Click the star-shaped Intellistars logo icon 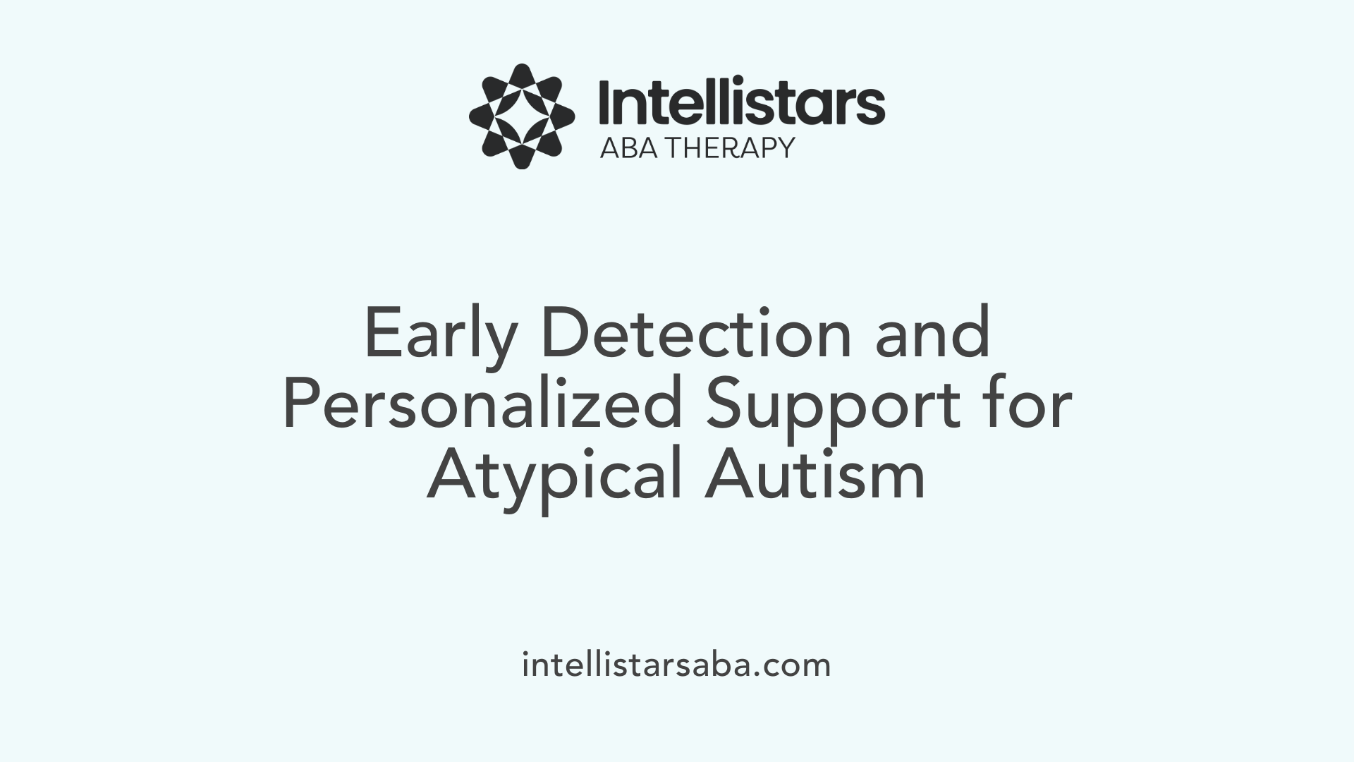pyautogui.click(x=522, y=116)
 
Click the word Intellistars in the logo pyautogui.click(x=741, y=103)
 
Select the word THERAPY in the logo pyautogui.click(x=731, y=147)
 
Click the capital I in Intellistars pyautogui.click(x=604, y=103)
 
